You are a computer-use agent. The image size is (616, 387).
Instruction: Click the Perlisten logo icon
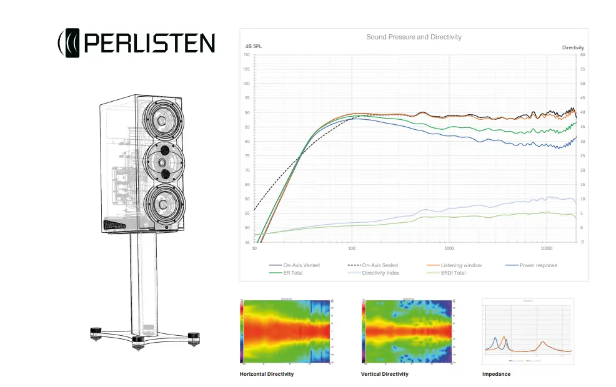(70, 43)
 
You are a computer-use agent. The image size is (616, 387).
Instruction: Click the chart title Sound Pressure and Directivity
(414, 37)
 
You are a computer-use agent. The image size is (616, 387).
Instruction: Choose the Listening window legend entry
(461, 265)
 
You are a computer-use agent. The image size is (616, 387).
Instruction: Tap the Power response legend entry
(538, 265)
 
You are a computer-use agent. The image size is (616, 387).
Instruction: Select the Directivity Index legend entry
(380, 273)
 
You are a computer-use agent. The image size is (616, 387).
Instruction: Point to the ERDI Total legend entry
(452, 273)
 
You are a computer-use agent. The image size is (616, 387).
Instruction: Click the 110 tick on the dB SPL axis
(246, 55)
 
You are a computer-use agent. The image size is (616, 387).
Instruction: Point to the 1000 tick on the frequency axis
(449, 248)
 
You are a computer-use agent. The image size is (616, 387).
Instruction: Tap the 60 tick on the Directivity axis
(582, 55)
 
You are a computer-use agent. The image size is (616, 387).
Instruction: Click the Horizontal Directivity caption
(266, 374)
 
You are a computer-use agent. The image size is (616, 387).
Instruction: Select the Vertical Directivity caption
(385, 374)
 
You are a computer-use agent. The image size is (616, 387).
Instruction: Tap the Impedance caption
(496, 374)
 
